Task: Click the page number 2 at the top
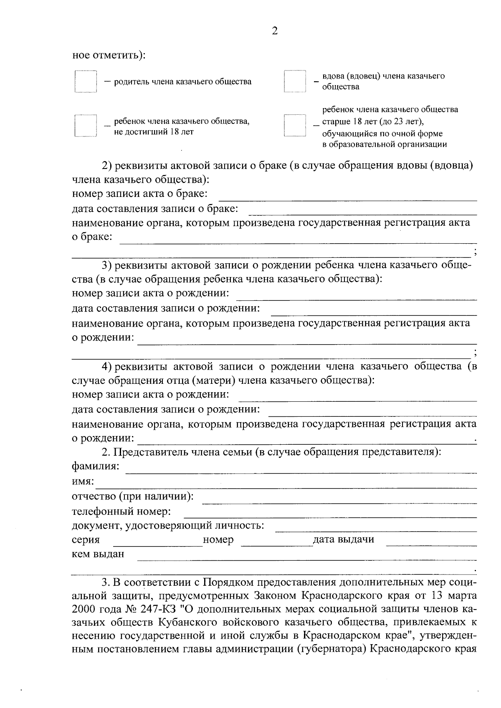pyautogui.click(x=274, y=31)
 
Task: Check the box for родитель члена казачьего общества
pyautogui.click(x=86, y=81)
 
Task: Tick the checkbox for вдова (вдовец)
pyautogui.click(x=295, y=81)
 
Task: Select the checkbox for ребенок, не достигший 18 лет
pyautogui.click(x=86, y=126)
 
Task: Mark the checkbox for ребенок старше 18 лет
pyautogui.click(x=295, y=126)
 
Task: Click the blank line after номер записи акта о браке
pyautogui.click(x=348, y=197)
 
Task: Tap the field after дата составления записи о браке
pyautogui.click(x=362, y=211)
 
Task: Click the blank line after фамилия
pyautogui.click(x=301, y=469)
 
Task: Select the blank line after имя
pyautogui.click(x=286, y=484)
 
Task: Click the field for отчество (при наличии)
pyautogui.click(x=339, y=499)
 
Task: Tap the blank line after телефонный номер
pyautogui.click(x=330, y=514)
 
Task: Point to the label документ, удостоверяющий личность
pyautogui.click(x=168, y=525)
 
